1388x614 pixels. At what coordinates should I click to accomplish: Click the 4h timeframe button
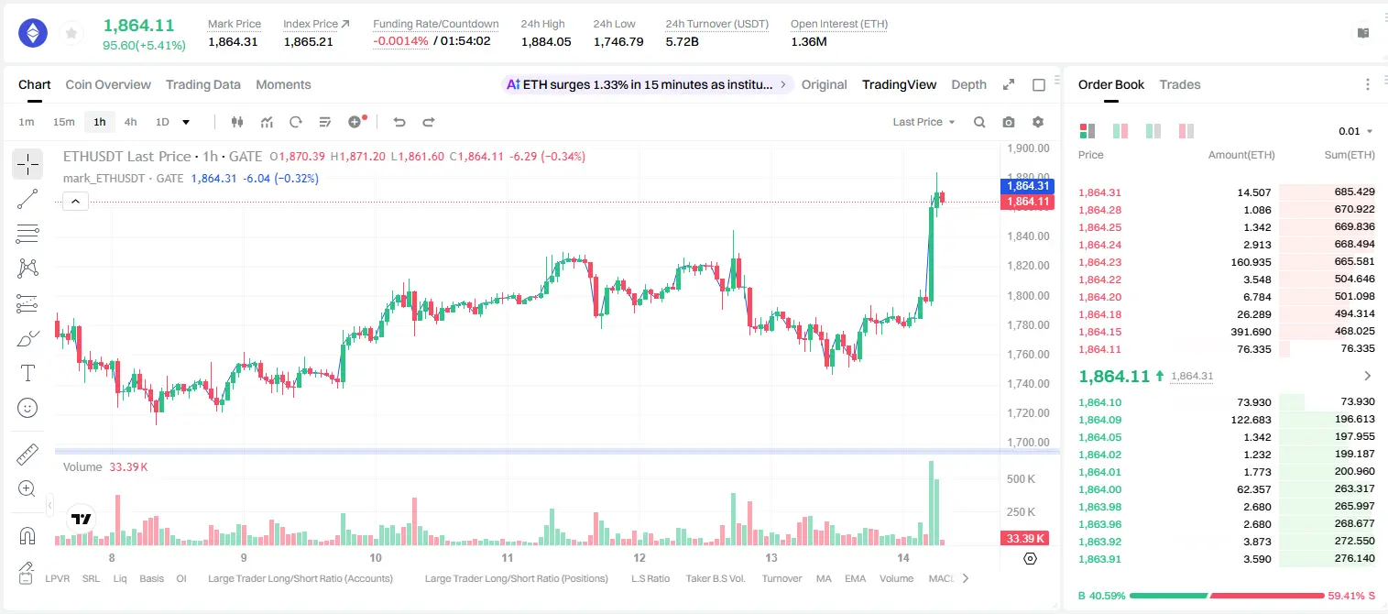130,122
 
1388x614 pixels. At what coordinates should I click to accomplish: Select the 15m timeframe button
63,122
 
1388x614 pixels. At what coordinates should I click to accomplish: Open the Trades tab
1179,84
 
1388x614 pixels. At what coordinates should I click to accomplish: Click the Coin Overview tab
108,84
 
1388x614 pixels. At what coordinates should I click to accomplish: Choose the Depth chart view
968,84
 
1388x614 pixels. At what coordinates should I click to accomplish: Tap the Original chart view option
824,84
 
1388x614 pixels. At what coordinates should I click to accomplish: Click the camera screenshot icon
1009,122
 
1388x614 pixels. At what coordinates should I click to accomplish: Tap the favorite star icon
71,34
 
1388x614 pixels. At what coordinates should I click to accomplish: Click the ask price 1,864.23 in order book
1099,262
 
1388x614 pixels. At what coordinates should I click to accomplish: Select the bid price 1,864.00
1099,488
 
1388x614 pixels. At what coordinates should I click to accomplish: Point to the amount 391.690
1251,332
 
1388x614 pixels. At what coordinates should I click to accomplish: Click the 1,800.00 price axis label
1028,295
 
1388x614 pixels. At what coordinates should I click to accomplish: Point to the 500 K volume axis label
1021,479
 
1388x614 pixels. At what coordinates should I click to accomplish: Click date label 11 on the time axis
507,557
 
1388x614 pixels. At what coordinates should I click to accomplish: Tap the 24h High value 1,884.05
546,41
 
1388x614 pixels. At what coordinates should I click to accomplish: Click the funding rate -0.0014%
400,41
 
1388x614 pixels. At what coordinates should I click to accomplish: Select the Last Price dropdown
924,122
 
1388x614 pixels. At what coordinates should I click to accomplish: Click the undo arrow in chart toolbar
399,122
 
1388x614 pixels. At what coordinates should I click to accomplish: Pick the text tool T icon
27,373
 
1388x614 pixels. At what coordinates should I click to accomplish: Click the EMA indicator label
855,578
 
